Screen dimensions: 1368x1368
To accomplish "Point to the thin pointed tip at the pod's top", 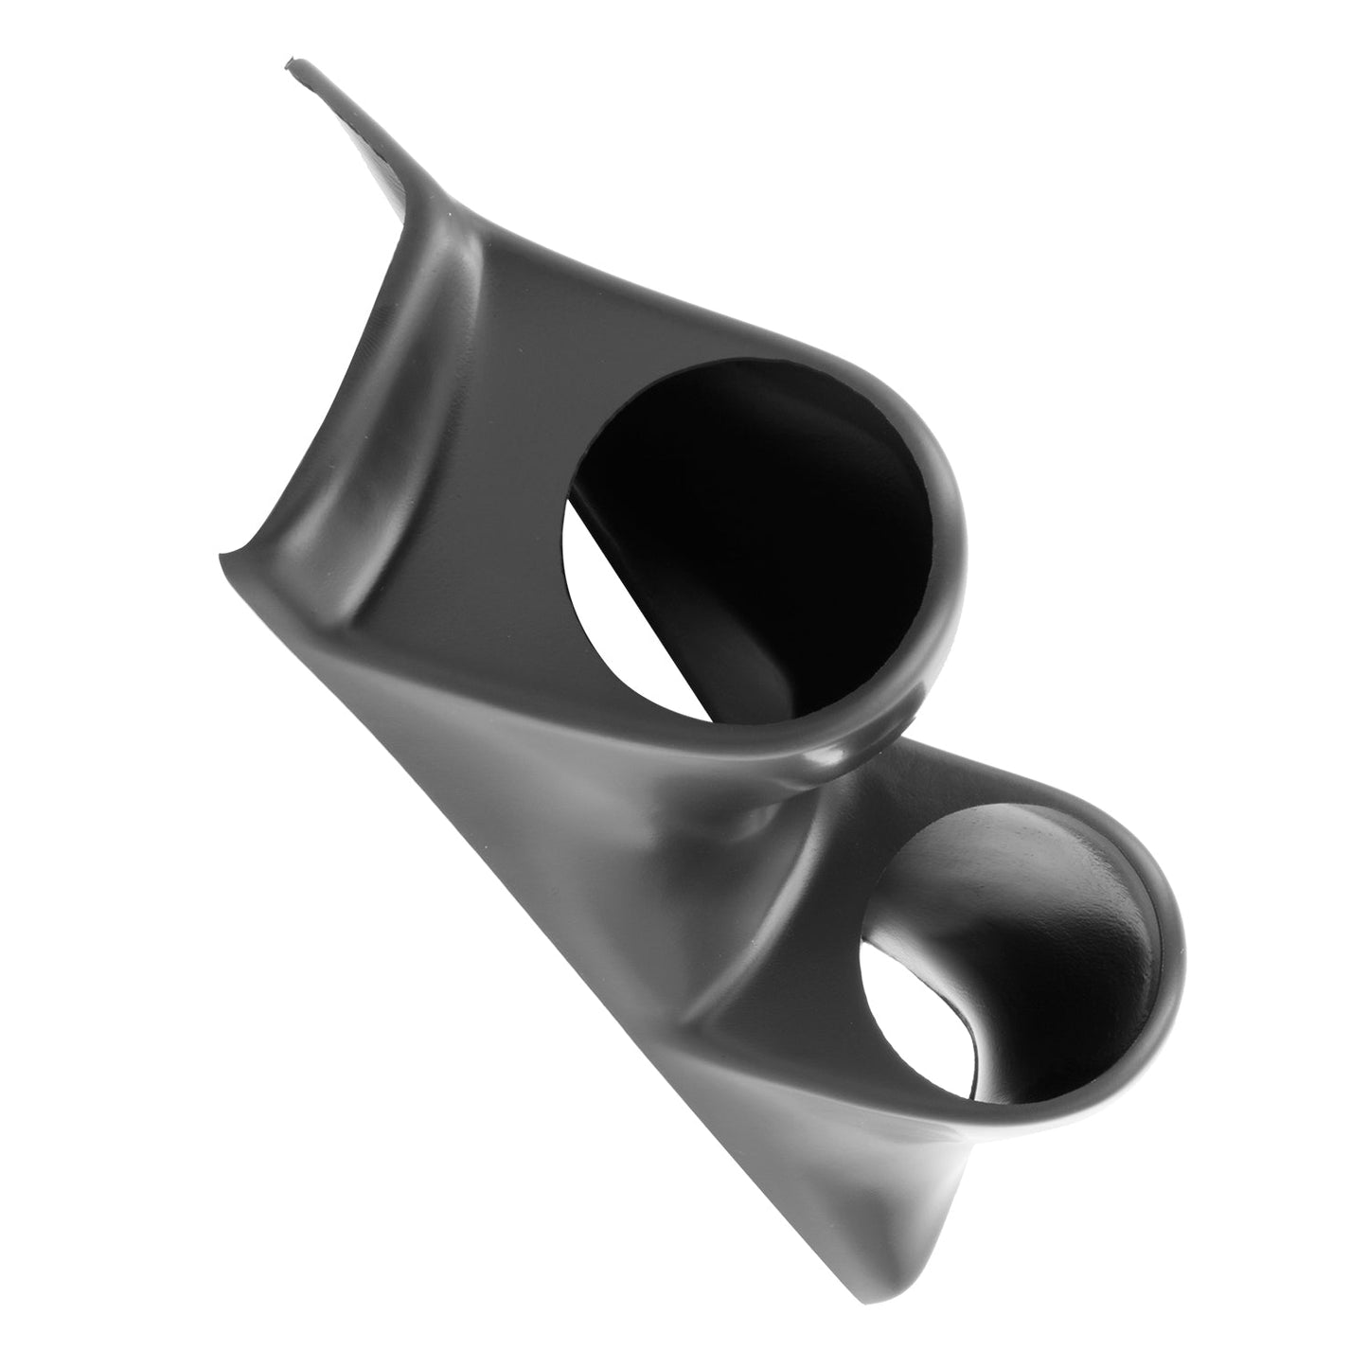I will tap(292, 66).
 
